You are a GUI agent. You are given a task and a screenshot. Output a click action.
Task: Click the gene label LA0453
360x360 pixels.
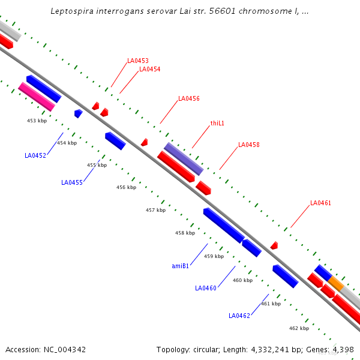[x=138, y=61]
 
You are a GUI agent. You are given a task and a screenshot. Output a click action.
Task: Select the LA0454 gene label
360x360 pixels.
[x=149, y=69]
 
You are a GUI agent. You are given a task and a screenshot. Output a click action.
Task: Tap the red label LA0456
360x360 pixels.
[x=189, y=98]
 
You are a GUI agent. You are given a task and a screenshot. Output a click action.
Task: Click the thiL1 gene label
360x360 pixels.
[x=217, y=123]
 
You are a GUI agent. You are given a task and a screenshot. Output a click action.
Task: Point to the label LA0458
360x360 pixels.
[x=249, y=145]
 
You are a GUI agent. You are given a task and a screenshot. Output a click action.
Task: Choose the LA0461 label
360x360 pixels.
[x=320, y=203]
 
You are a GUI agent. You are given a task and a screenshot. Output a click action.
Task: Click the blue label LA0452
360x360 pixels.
[x=35, y=155]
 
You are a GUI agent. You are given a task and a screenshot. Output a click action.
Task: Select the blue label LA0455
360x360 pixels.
[x=72, y=182]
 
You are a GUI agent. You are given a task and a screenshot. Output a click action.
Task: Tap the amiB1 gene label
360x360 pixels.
[x=181, y=266]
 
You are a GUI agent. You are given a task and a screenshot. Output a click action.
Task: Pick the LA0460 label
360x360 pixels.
[x=206, y=288]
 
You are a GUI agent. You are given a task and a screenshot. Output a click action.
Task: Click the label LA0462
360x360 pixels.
[x=239, y=316]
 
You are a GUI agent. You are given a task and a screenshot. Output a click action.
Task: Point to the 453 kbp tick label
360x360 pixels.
[x=37, y=121]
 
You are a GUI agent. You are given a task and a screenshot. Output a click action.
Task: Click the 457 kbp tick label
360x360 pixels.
[x=155, y=210]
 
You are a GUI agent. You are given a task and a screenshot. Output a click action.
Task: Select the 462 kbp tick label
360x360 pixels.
[x=299, y=328]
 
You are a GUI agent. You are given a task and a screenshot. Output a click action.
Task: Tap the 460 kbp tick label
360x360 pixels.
[x=242, y=280]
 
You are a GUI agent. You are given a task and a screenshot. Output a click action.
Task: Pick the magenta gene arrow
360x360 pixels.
[x=37, y=97]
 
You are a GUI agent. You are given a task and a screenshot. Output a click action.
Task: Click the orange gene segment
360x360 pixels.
[x=336, y=283]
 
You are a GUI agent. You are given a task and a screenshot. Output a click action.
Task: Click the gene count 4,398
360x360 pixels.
[x=343, y=349]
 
